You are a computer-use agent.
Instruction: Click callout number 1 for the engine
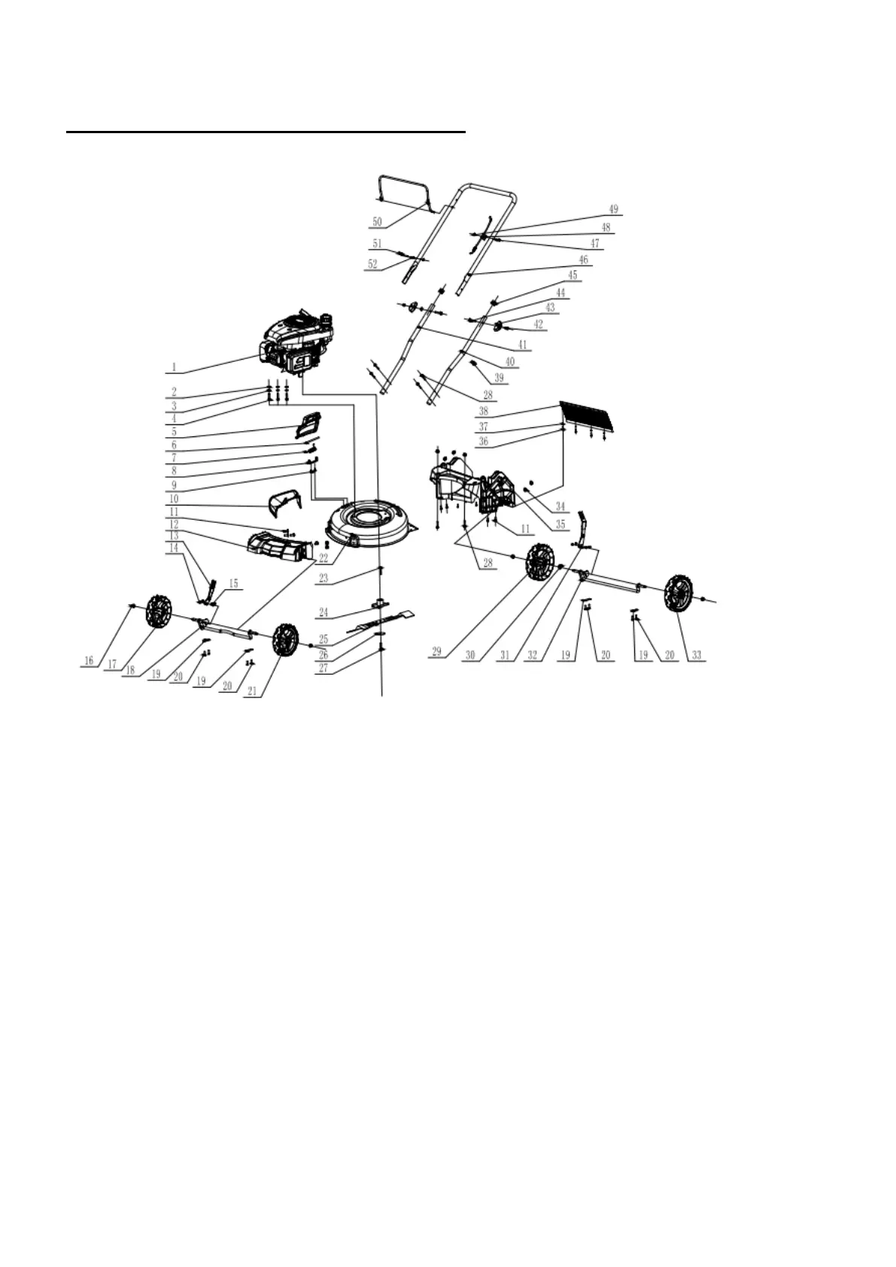tap(173, 367)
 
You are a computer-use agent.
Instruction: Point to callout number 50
tap(377, 222)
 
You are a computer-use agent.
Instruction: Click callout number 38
tap(483, 412)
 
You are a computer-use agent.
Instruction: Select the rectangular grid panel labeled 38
tap(591, 417)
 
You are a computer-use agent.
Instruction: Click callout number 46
tap(583, 260)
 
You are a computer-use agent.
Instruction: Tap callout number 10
tap(174, 498)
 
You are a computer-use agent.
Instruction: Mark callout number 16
tap(90, 661)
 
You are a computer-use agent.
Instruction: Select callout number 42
tap(538, 324)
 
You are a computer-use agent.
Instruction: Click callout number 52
tap(372, 264)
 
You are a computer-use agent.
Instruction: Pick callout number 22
tap(323, 558)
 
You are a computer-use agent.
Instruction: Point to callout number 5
tap(174, 432)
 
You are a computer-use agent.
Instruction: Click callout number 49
tap(613, 209)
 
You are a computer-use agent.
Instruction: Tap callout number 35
tap(560, 524)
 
